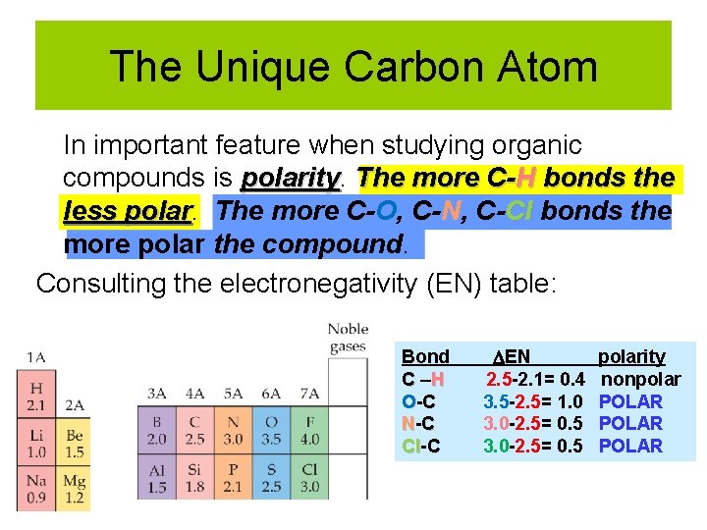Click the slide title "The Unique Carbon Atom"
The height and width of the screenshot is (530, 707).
coord(353,67)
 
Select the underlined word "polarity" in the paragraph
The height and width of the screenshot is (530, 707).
coord(291,179)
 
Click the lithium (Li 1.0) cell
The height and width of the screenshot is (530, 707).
coord(37,442)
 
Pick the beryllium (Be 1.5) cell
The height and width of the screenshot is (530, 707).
coord(74,442)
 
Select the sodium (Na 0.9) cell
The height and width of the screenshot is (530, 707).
coord(37,489)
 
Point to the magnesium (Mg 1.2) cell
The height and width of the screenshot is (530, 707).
coord(74,489)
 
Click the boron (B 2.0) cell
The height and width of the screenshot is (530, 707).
coord(157,430)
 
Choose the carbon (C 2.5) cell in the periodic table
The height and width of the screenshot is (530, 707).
coord(195,430)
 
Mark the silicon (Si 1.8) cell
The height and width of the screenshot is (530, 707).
coord(195,477)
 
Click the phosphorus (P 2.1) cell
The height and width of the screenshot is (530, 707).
coord(233,477)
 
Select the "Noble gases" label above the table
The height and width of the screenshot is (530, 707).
coord(348,338)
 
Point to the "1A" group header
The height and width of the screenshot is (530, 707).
coord(36,357)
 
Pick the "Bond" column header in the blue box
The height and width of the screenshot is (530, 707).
coord(425,357)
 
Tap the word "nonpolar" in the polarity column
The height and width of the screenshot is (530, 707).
coord(640,379)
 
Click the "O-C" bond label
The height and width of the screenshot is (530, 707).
coord(421,401)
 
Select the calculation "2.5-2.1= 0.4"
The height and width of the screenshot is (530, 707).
coord(536,379)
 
